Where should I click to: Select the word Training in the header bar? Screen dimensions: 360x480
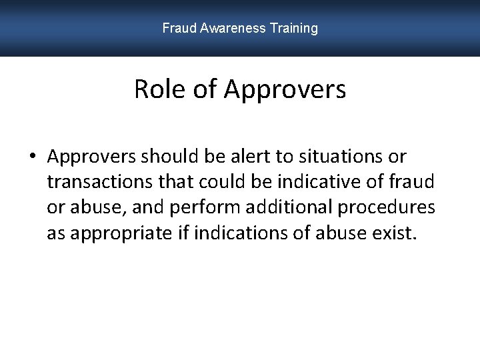(x=294, y=28)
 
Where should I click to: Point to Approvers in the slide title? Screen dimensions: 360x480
(x=285, y=89)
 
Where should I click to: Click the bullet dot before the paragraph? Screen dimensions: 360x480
(x=32, y=157)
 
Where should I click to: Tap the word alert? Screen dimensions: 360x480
(x=253, y=157)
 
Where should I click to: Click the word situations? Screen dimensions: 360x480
(x=341, y=157)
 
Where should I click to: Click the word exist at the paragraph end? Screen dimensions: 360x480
(x=396, y=233)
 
